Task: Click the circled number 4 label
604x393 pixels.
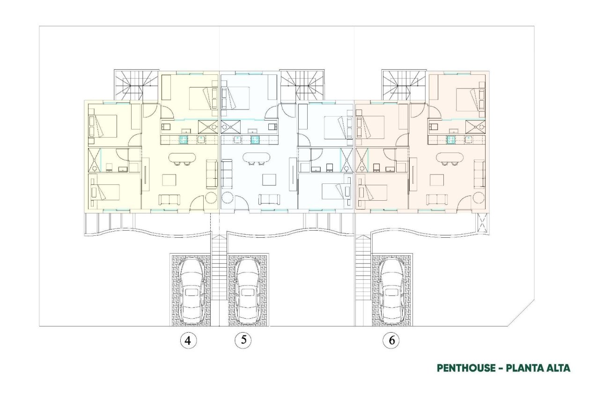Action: [x=188, y=341]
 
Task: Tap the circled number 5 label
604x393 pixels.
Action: [x=243, y=340]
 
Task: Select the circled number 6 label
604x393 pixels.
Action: [x=391, y=341]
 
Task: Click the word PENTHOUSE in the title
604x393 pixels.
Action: [x=465, y=368]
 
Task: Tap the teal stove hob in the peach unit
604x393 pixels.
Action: [x=452, y=139]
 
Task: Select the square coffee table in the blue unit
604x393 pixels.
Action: [x=269, y=180]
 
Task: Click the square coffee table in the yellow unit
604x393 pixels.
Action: [x=169, y=180]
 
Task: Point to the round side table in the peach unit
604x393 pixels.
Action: [x=479, y=196]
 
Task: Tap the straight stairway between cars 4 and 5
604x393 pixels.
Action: [x=219, y=267]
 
